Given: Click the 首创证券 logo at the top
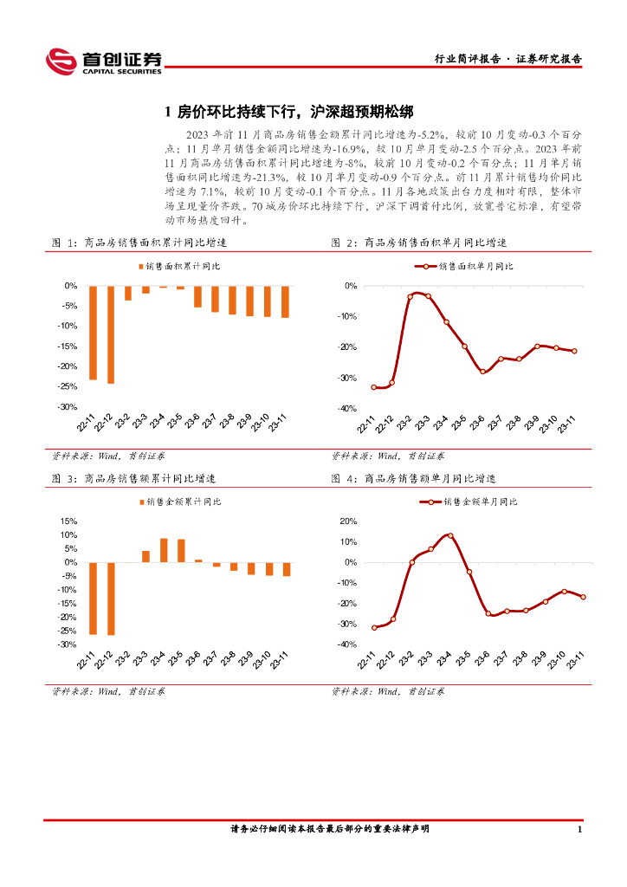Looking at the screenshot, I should coord(104,60).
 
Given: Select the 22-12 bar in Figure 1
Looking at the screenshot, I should coord(110,334).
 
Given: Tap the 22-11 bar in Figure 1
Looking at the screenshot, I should coord(93,333).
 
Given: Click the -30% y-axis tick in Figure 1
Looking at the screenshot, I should coord(66,407).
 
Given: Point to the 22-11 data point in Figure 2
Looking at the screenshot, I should coord(373,387).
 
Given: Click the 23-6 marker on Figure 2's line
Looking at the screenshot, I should coord(483,372).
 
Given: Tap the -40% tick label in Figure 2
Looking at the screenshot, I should coord(347,409).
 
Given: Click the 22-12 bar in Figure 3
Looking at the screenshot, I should coord(110,599).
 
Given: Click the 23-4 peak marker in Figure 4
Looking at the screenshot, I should coord(449,536).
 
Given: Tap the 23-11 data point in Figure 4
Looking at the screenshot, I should coord(583,597).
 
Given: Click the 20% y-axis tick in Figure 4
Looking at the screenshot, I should coord(348,521).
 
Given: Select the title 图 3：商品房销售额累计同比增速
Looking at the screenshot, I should coord(134,478).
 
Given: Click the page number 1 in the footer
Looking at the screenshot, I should coord(579,830).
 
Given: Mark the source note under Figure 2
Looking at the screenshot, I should coord(388,456).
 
